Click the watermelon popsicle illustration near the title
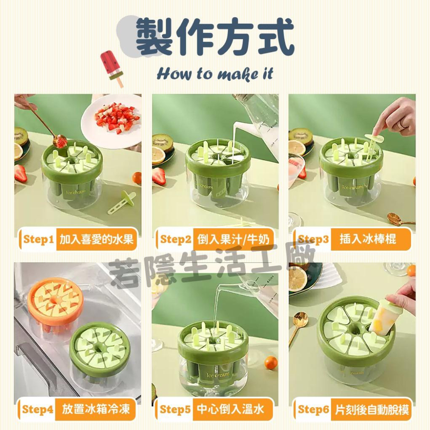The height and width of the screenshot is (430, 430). tap(112, 68)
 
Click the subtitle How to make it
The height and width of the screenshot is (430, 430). tap(215, 74)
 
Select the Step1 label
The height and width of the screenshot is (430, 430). tap(38, 239)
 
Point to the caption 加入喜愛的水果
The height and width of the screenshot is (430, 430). tap(96, 239)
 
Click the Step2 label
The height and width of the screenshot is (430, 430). tap(175, 239)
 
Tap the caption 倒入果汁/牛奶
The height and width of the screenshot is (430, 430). tap(233, 240)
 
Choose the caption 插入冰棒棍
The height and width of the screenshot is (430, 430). tap(368, 239)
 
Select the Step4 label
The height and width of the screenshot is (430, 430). tap(37, 409)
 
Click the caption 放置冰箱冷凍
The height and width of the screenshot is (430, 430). tap(96, 409)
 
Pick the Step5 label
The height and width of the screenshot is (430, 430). tap(175, 409)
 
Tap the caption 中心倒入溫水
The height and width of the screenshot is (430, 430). tap(230, 409)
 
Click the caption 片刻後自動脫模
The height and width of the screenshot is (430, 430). tap(372, 410)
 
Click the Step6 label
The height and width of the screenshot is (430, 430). tap(313, 409)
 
